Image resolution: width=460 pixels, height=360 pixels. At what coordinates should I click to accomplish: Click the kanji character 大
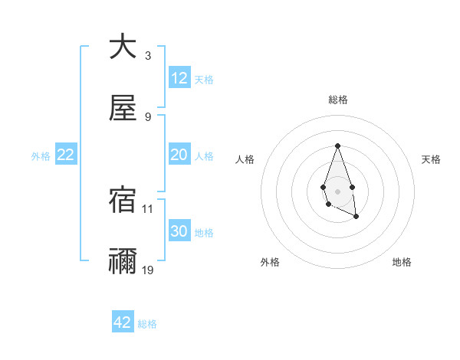tap(123, 47)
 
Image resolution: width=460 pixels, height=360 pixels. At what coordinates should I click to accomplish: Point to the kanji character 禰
tap(123, 261)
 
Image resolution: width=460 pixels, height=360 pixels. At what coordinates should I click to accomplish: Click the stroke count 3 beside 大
tap(148, 56)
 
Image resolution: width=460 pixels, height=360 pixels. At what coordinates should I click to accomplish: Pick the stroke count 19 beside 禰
tap(148, 270)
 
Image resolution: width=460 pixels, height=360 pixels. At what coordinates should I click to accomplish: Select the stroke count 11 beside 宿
tap(148, 208)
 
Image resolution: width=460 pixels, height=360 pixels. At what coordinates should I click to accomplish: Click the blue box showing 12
tap(179, 78)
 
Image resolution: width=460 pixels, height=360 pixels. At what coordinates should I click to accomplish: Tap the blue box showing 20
tap(179, 155)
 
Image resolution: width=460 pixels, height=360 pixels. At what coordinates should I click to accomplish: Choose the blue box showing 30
tap(179, 231)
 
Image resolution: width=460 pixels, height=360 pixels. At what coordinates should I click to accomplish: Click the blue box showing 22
tap(66, 155)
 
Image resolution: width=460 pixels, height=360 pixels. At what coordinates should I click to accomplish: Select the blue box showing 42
tap(123, 322)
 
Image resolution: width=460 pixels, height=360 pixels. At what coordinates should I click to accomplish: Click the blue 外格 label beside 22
tap(41, 156)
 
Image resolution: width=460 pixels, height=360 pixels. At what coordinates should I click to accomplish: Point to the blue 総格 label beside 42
tap(147, 324)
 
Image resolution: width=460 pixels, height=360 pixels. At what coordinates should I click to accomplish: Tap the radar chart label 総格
tap(338, 100)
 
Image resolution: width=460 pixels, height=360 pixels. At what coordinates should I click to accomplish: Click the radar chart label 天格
tap(432, 159)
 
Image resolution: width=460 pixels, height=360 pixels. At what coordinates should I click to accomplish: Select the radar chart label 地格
tap(402, 262)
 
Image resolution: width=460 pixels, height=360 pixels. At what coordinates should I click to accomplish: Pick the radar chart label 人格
tap(245, 159)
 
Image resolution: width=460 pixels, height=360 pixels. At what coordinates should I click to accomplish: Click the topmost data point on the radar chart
tap(337, 146)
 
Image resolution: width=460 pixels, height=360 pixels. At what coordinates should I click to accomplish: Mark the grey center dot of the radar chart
tap(337, 190)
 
